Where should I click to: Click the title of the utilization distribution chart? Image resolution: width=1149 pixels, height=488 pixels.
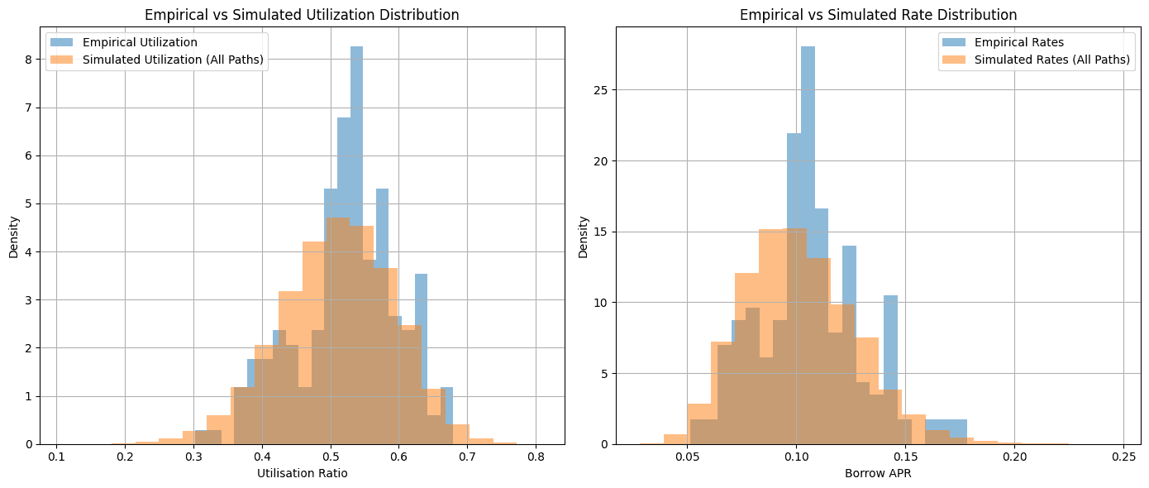(302, 15)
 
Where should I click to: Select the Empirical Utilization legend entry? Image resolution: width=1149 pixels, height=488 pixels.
(134, 43)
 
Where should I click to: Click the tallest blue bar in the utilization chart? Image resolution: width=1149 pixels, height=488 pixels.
(356, 248)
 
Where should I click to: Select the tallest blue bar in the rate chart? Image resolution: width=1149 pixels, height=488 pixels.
(808, 248)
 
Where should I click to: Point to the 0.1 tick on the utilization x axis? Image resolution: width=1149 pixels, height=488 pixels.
(56, 455)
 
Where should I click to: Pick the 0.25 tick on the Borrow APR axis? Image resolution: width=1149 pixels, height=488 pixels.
(1123, 455)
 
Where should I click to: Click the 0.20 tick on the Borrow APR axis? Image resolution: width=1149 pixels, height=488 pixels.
(1014, 455)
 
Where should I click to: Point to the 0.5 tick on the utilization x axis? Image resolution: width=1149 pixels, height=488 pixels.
(331, 455)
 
